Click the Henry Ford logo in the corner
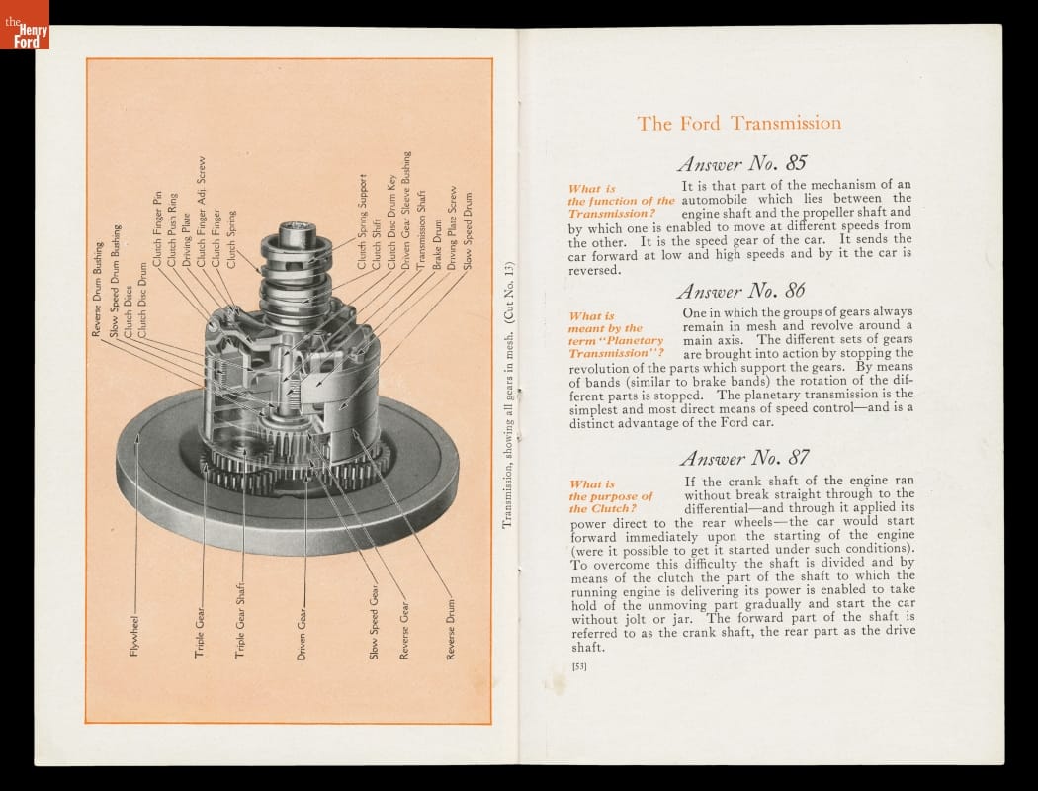[25, 25]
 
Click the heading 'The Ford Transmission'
[738, 124]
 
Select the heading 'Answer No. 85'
[741, 163]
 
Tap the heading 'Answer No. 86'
[740, 291]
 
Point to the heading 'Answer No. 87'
[744, 458]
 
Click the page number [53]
[579, 665]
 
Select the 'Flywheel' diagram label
[134, 636]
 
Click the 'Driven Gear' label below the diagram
[302, 634]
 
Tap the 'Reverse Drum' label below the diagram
[451, 630]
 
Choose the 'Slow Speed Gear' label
[374, 622]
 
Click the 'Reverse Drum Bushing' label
[97, 290]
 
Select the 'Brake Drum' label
[436, 245]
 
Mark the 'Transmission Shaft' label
[421, 229]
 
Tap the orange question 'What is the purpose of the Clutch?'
[611, 496]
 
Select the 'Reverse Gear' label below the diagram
[403, 631]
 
